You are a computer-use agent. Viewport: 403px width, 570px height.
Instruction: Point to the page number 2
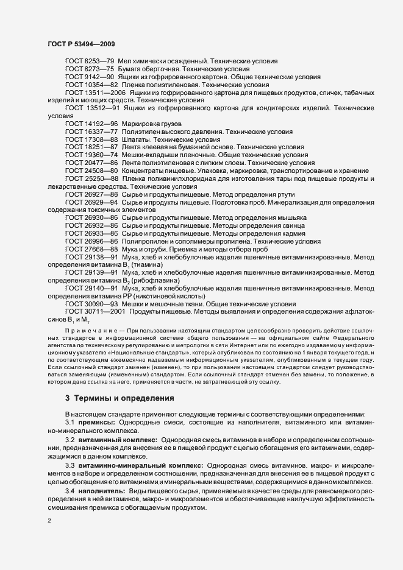coord(49,521)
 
